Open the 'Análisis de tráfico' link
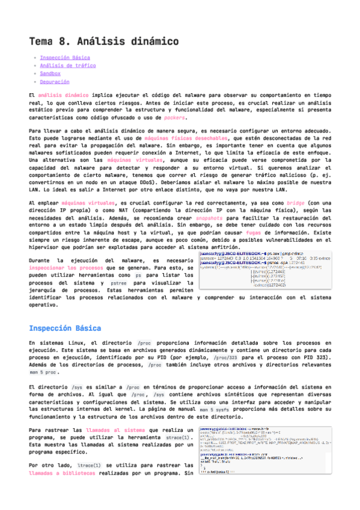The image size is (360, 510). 67,66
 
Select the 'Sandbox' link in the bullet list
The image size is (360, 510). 50,73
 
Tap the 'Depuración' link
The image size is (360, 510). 54,82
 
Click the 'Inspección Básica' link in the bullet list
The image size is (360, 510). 65,58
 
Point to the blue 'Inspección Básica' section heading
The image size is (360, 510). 69,328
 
